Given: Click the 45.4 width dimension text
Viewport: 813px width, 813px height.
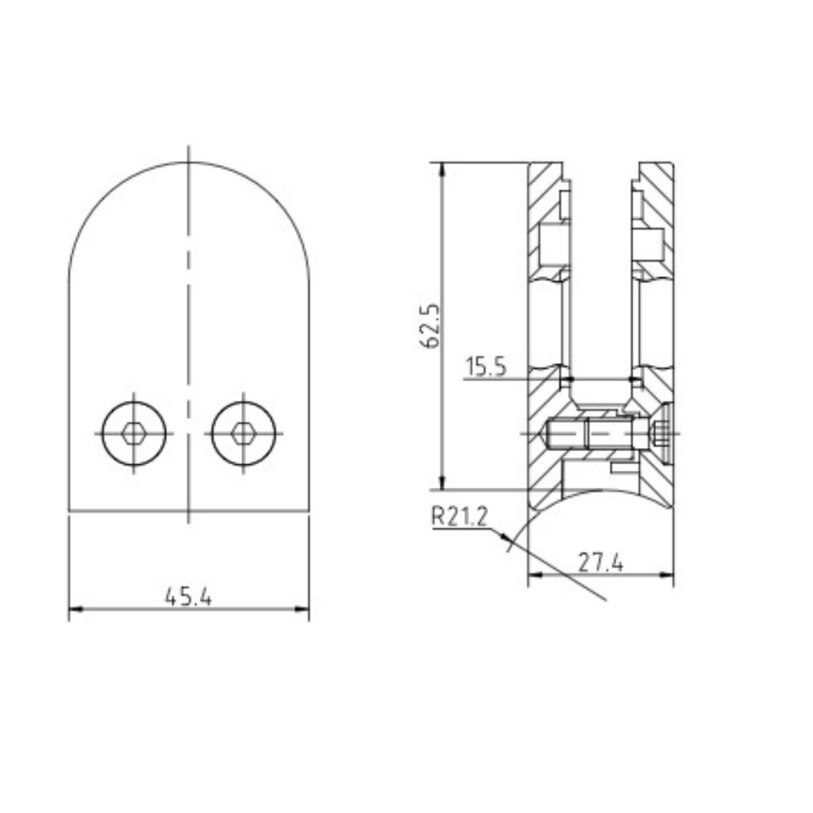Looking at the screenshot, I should click(x=189, y=597).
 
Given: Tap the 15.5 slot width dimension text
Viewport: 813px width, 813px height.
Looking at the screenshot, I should click(x=486, y=367).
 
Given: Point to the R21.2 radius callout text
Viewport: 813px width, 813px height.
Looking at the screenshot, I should click(x=459, y=516).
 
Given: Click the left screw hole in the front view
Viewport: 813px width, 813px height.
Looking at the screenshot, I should click(x=134, y=433).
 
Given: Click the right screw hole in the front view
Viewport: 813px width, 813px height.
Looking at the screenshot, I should click(x=242, y=433).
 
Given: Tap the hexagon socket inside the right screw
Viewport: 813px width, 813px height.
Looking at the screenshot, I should click(x=242, y=433).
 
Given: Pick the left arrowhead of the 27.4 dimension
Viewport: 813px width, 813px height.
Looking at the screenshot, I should click(x=534, y=576).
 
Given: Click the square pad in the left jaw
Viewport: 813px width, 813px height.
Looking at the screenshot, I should click(x=551, y=241).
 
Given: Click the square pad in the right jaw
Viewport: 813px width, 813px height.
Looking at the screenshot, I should click(x=650, y=241).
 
